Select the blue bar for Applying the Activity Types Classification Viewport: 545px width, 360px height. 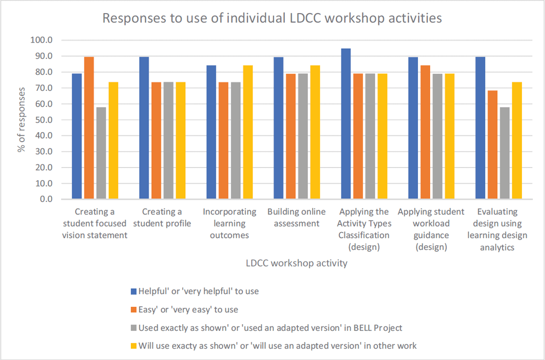[346, 124]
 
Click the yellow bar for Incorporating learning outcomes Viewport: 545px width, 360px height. [248, 133]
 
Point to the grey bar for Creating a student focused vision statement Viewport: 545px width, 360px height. [101, 153]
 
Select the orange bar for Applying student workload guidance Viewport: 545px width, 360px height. [425, 133]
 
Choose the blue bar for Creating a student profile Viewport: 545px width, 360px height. [144, 128]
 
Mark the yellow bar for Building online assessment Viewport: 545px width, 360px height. [315, 133]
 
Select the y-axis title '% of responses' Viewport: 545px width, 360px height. [22, 120]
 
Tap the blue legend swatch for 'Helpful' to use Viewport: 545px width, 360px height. [134, 291]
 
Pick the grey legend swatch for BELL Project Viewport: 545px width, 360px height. [134, 327]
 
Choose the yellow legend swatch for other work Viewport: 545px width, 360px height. [134, 346]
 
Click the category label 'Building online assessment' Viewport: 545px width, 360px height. [297, 217]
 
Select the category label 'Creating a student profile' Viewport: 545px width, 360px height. [162, 217]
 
